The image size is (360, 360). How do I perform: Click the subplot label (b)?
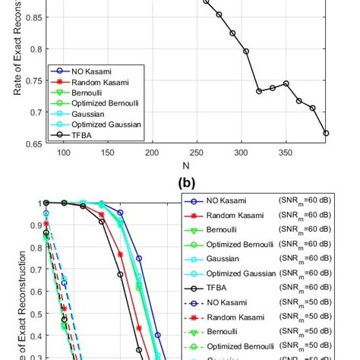pyautogui.click(x=185, y=183)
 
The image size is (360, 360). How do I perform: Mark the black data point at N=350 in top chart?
pyautogui.click(x=286, y=84)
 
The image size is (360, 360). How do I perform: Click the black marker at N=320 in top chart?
pyautogui.click(x=259, y=91)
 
